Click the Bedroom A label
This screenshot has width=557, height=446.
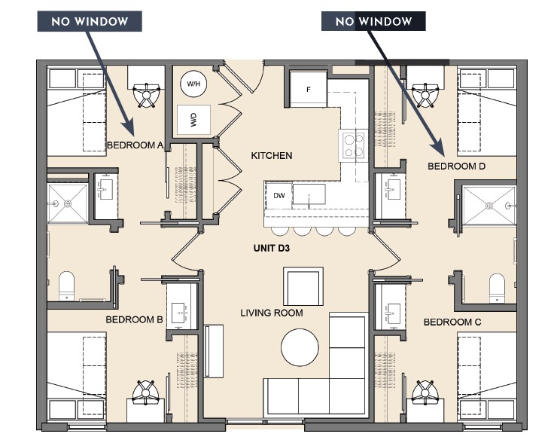coord(135,145)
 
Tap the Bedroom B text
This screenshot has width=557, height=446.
coord(134,319)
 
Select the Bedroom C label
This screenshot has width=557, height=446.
coord(452,322)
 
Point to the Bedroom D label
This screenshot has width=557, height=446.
coord(456,166)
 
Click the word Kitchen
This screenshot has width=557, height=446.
coord(271,156)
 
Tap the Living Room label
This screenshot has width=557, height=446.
coord(272,313)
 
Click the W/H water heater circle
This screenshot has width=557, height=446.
coord(193,84)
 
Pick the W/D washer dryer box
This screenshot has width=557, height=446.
coord(193,120)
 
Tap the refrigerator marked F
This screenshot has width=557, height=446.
coord(308,90)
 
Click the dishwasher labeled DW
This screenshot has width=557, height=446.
coord(278,196)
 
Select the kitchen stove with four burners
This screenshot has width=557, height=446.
coord(354,145)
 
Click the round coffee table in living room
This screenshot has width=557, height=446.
coord(303,347)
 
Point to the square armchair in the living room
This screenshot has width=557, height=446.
coord(303,286)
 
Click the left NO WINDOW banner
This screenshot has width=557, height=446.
coord(90,20)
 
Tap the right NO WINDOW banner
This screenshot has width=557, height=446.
coord(373,21)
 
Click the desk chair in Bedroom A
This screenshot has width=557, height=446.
coord(145,93)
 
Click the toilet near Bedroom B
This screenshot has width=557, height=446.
coord(67,286)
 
